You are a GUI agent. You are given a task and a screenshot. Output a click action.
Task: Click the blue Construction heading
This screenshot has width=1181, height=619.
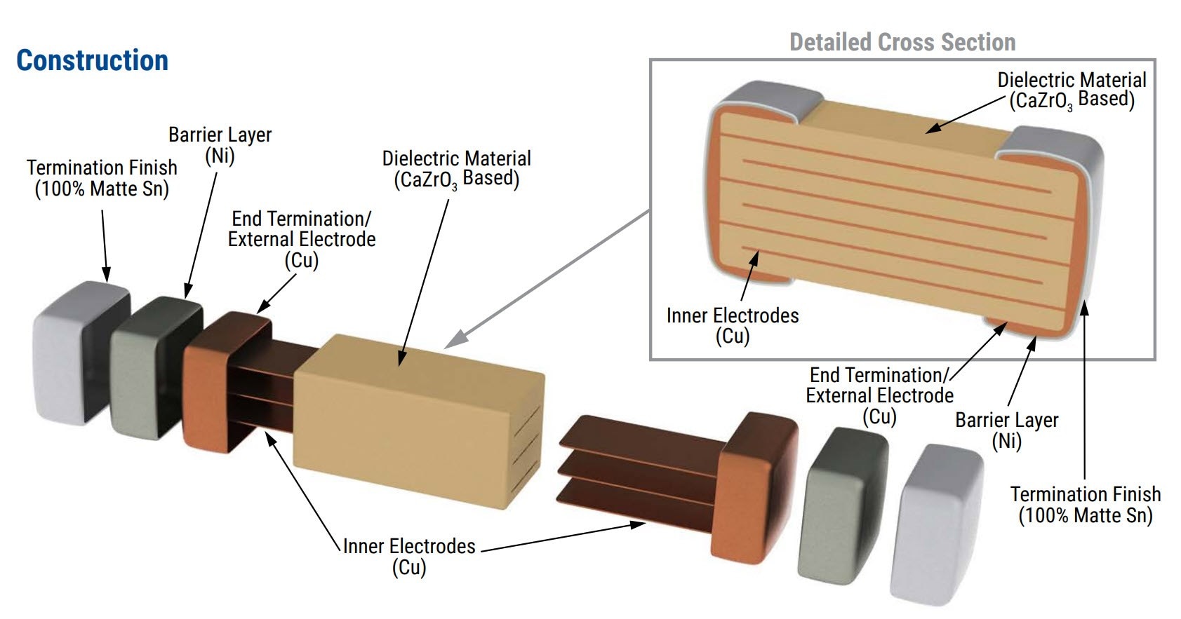click(92, 61)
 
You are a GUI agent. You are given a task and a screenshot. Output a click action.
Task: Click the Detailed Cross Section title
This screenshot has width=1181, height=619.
click(902, 42)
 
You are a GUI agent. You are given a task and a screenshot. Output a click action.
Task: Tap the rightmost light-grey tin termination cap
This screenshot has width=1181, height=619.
click(937, 522)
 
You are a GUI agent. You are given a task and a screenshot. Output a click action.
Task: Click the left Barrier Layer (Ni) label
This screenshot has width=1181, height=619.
click(220, 145)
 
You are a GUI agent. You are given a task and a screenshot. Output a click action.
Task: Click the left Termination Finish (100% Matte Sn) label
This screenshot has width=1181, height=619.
click(102, 178)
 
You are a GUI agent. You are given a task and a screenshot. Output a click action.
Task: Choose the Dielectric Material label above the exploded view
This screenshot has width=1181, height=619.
click(456, 169)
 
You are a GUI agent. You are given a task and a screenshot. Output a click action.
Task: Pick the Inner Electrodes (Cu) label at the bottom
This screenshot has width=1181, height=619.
click(409, 556)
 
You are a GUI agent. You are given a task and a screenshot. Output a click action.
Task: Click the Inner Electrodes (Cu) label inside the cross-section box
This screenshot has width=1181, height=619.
click(733, 325)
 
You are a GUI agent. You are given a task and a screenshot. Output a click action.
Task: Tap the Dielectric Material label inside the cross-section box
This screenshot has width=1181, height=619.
click(1072, 90)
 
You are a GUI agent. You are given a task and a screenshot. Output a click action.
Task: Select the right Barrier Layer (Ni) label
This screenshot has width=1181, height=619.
click(1006, 430)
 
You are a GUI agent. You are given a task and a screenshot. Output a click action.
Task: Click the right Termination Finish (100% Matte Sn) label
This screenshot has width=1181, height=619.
click(1085, 505)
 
